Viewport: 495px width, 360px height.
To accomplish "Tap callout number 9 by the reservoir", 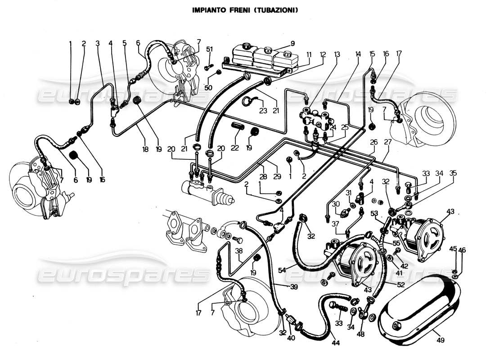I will (292, 44).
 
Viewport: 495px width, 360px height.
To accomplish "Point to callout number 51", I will (210, 49).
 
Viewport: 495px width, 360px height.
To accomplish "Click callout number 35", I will (453, 173).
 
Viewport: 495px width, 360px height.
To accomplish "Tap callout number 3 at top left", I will (97, 43).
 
